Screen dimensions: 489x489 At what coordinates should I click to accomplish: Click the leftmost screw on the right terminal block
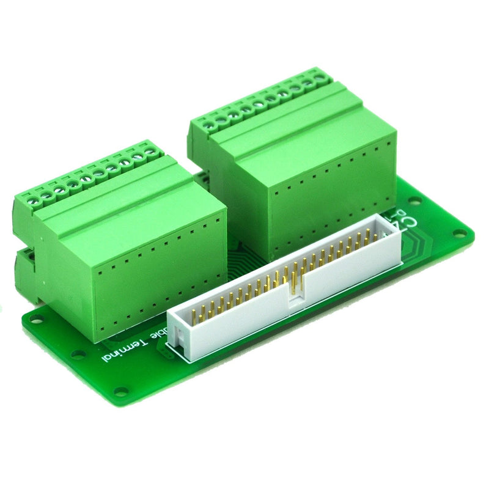pos(209,126)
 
